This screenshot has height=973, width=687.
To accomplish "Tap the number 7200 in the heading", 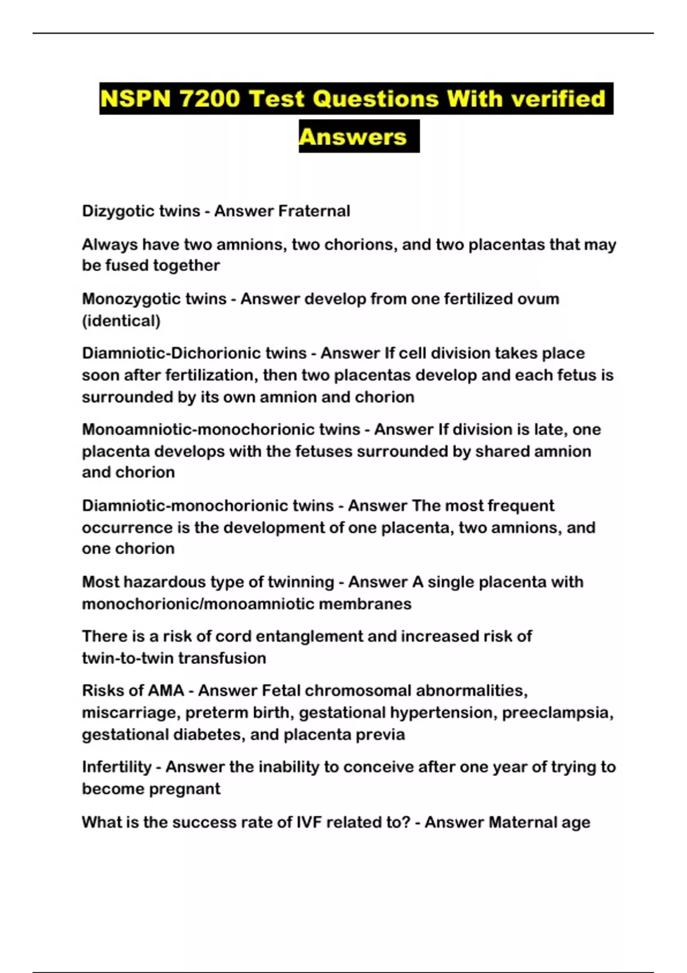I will coord(209,98).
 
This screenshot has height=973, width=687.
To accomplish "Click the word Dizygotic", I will coord(118,211).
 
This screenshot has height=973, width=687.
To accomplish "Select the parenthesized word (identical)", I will coord(121,321).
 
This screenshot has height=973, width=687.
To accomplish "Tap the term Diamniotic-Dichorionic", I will coord(194,353).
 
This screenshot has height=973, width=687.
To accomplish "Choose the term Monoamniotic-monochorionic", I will coord(221,429).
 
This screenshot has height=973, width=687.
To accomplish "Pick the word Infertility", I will coord(116,767).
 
